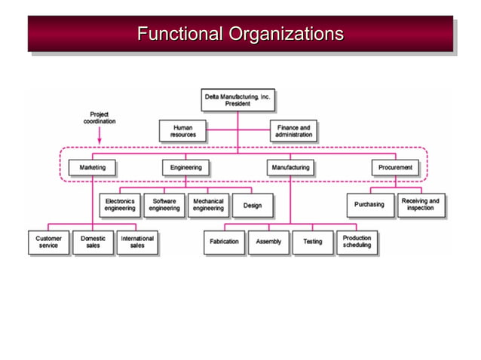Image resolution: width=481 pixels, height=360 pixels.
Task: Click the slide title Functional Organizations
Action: tap(240, 34)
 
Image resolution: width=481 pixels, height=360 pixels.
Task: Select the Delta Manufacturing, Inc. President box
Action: tap(237, 99)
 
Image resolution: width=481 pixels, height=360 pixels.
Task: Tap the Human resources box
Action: tap(182, 131)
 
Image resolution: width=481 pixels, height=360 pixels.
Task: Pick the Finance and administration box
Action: tap(293, 131)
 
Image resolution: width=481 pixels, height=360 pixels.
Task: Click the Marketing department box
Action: tap(93, 167)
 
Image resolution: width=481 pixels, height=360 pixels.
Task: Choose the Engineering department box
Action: tap(185, 167)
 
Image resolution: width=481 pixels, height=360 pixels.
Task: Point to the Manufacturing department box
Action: tap(290, 167)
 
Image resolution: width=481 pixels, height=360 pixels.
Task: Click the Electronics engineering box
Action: tap(120, 205)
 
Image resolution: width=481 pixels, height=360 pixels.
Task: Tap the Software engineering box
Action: tap(164, 205)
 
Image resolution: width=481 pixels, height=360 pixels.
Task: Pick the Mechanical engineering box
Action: tap(208, 205)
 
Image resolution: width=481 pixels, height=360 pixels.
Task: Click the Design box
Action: tap(252, 205)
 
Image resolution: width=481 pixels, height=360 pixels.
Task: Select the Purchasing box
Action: tap(369, 205)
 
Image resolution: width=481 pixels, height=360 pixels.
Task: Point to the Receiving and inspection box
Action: tap(420, 205)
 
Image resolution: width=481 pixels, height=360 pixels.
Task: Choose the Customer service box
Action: tap(48, 242)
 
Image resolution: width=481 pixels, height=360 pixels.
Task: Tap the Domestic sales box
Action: tap(93, 242)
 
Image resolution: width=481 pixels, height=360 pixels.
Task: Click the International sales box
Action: tap(136, 242)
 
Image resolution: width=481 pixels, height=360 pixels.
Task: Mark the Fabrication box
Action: tap(225, 242)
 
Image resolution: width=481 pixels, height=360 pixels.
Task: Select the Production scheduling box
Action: tap(357, 242)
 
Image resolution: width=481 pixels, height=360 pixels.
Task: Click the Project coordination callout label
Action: tap(99, 118)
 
